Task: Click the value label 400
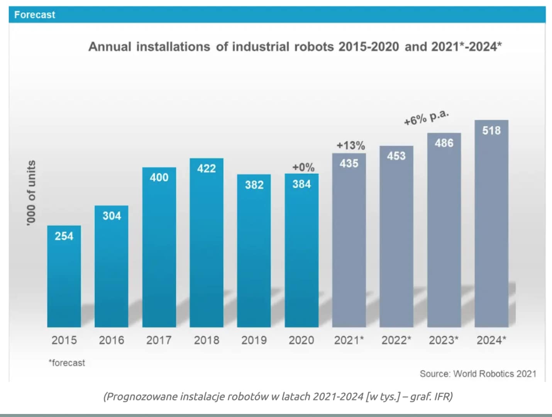point(159,178)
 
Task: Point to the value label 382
point(254,185)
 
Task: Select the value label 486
point(444,143)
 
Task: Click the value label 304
point(112,216)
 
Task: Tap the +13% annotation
point(351,146)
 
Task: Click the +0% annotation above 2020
point(303,167)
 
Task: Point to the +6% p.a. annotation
point(426,117)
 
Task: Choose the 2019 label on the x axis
point(254,340)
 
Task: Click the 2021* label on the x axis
point(349,340)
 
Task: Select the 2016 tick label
point(112,340)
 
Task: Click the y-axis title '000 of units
point(31,193)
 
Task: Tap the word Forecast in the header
point(35,15)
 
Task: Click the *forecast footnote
point(67,363)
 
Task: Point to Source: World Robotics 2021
point(478,374)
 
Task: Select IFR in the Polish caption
point(443,397)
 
